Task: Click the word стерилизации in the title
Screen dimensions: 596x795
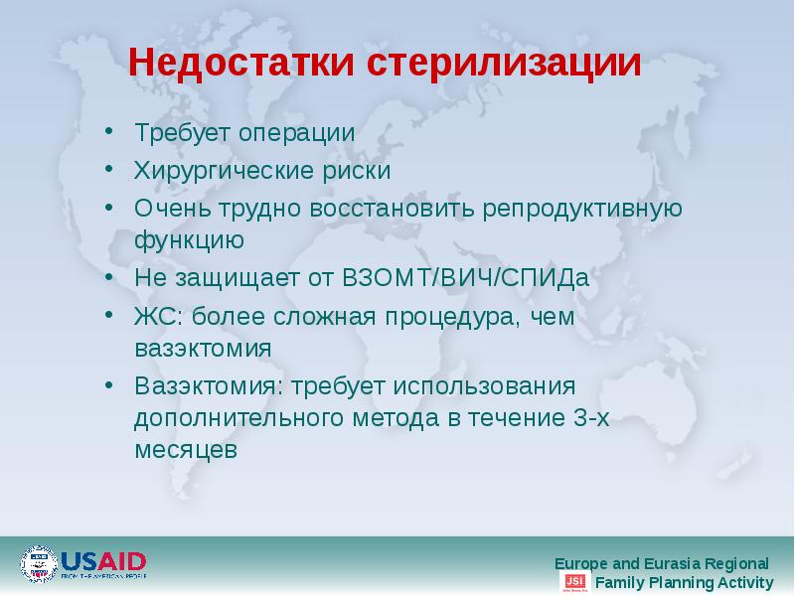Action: point(506,64)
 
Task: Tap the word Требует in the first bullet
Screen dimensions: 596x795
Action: point(176,132)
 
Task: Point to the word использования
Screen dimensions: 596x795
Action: point(487,385)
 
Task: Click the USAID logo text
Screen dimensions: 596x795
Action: point(103,560)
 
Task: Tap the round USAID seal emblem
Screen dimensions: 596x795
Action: point(40,564)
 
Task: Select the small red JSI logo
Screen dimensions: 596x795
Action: point(573,582)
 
